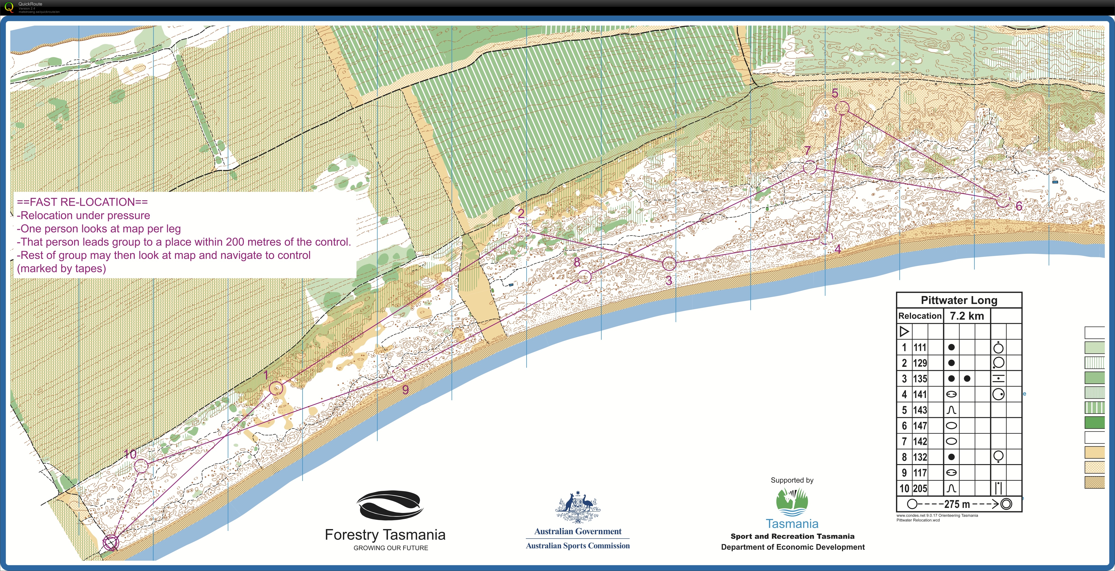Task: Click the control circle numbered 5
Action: [x=842, y=108]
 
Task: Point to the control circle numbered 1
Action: [x=276, y=388]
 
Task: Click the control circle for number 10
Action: [x=141, y=466]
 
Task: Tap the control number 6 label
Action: [x=1019, y=206]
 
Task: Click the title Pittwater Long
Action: [x=959, y=300]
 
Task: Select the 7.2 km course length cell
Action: [x=967, y=315]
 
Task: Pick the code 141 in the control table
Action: [x=920, y=394]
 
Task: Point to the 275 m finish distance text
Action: [x=957, y=504]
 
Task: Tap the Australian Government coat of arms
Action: [x=578, y=507]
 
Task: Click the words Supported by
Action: [x=792, y=480]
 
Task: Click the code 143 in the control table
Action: [x=920, y=410]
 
